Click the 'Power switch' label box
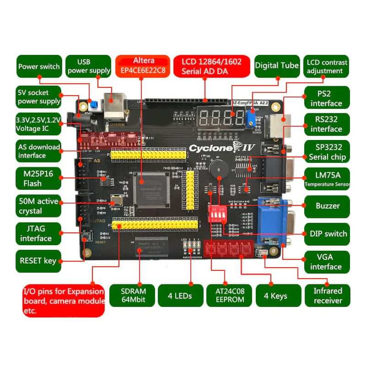(x=39, y=66)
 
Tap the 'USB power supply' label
(x=88, y=66)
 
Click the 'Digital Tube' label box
(x=277, y=65)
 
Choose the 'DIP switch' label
(x=327, y=233)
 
